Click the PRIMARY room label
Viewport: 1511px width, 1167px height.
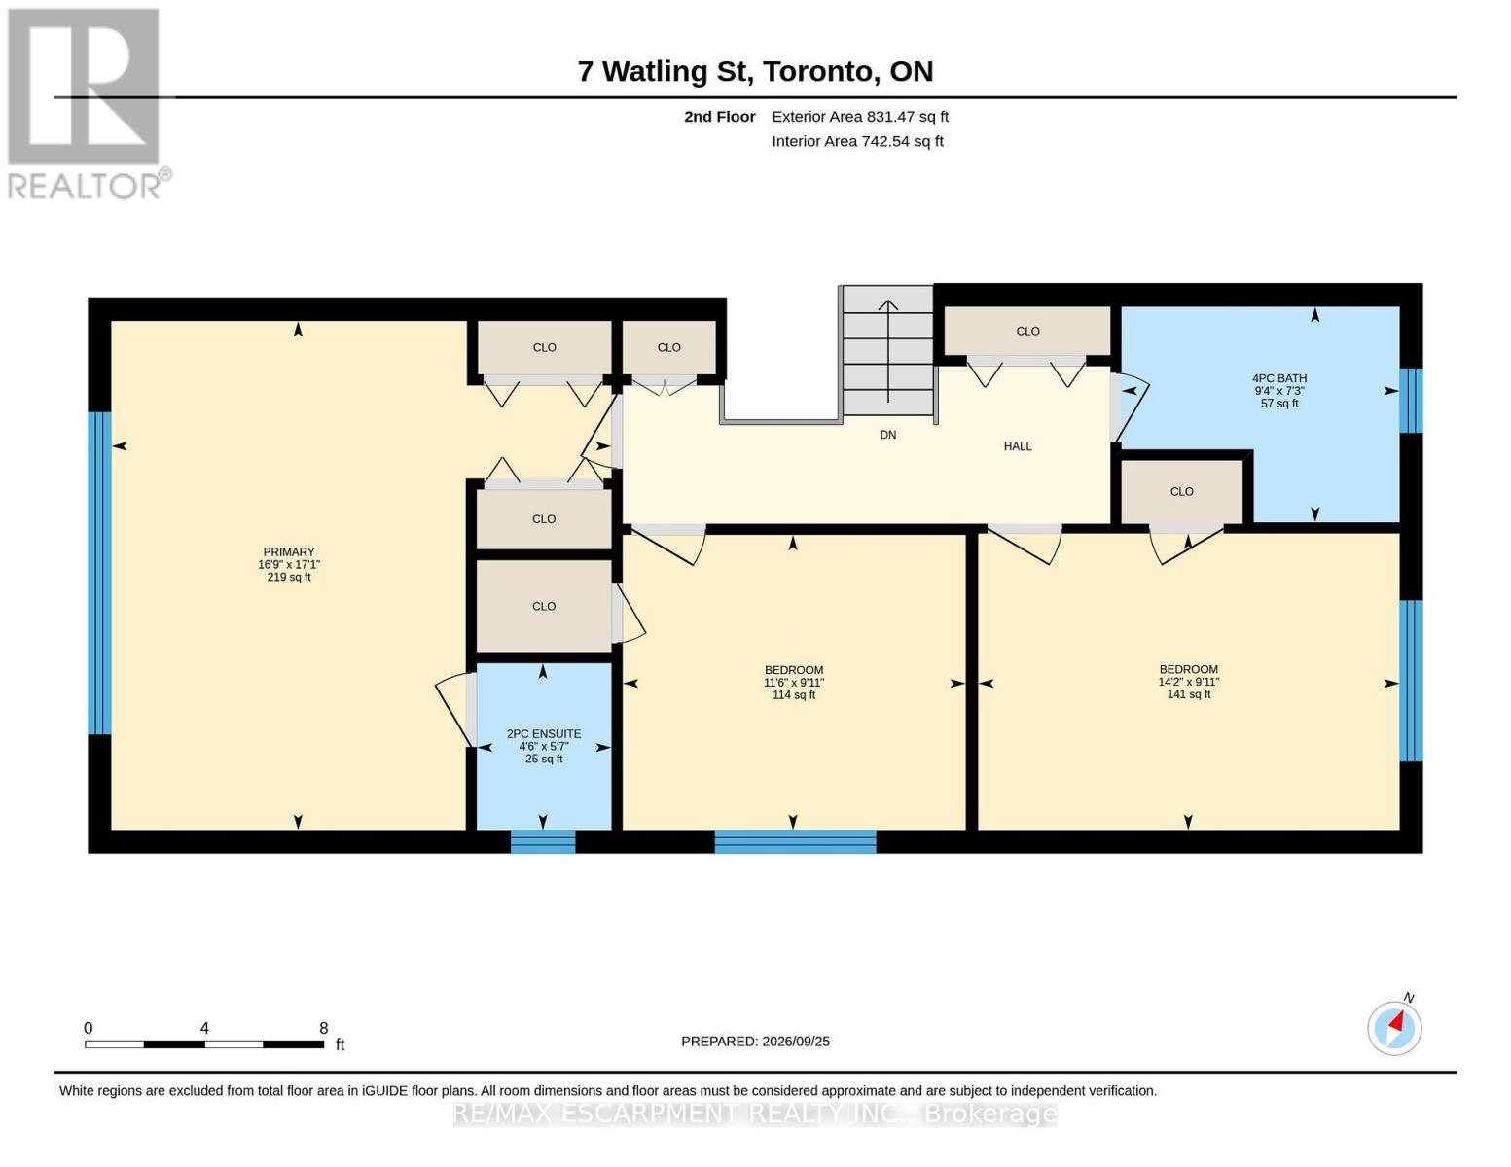pyautogui.click(x=289, y=564)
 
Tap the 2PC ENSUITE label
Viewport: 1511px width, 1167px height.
pyautogui.click(x=544, y=746)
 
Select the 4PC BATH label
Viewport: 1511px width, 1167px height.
pyautogui.click(x=1279, y=391)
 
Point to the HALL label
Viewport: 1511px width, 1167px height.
pyautogui.click(x=1018, y=446)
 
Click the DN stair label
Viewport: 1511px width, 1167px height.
pyautogui.click(x=888, y=435)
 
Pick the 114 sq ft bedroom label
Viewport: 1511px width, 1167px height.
pyautogui.click(x=793, y=683)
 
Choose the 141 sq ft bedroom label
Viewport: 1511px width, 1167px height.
pyautogui.click(x=1188, y=682)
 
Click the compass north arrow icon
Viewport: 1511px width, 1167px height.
pyautogui.click(x=1394, y=1027)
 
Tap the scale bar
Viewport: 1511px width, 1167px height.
pyautogui.click(x=204, y=1043)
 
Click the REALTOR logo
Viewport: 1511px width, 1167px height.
pyautogui.click(x=86, y=104)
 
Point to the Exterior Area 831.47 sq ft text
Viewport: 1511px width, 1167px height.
pyautogui.click(x=860, y=117)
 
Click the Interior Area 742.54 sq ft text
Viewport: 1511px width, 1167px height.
pyautogui.click(x=857, y=141)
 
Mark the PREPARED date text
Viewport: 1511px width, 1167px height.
pyautogui.click(x=755, y=1042)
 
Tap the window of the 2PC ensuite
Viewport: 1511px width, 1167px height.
pyautogui.click(x=543, y=842)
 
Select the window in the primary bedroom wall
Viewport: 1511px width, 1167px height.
pyautogui.click(x=99, y=574)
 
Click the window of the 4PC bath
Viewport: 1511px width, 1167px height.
pyautogui.click(x=1411, y=401)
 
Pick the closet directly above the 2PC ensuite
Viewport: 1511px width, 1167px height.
pyautogui.click(x=544, y=606)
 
